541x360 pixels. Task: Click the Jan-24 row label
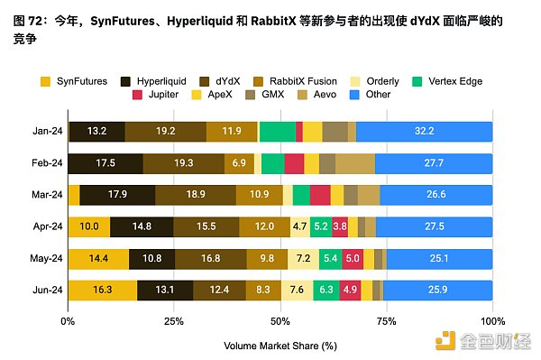click(45, 132)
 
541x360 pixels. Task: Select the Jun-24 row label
click(45, 291)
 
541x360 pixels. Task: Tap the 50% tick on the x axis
click(280, 320)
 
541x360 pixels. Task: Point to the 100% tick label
click(492, 320)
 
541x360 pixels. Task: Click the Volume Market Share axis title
click(280, 344)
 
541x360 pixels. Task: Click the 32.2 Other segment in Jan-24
click(424, 132)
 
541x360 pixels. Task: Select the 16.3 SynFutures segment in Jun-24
click(102, 291)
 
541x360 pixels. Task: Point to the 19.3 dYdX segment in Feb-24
click(183, 163)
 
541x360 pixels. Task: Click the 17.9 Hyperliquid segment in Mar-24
click(117, 195)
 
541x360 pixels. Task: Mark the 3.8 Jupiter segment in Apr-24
click(340, 226)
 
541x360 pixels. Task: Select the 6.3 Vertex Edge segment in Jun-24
click(326, 291)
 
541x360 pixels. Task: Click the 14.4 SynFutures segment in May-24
click(97, 259)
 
